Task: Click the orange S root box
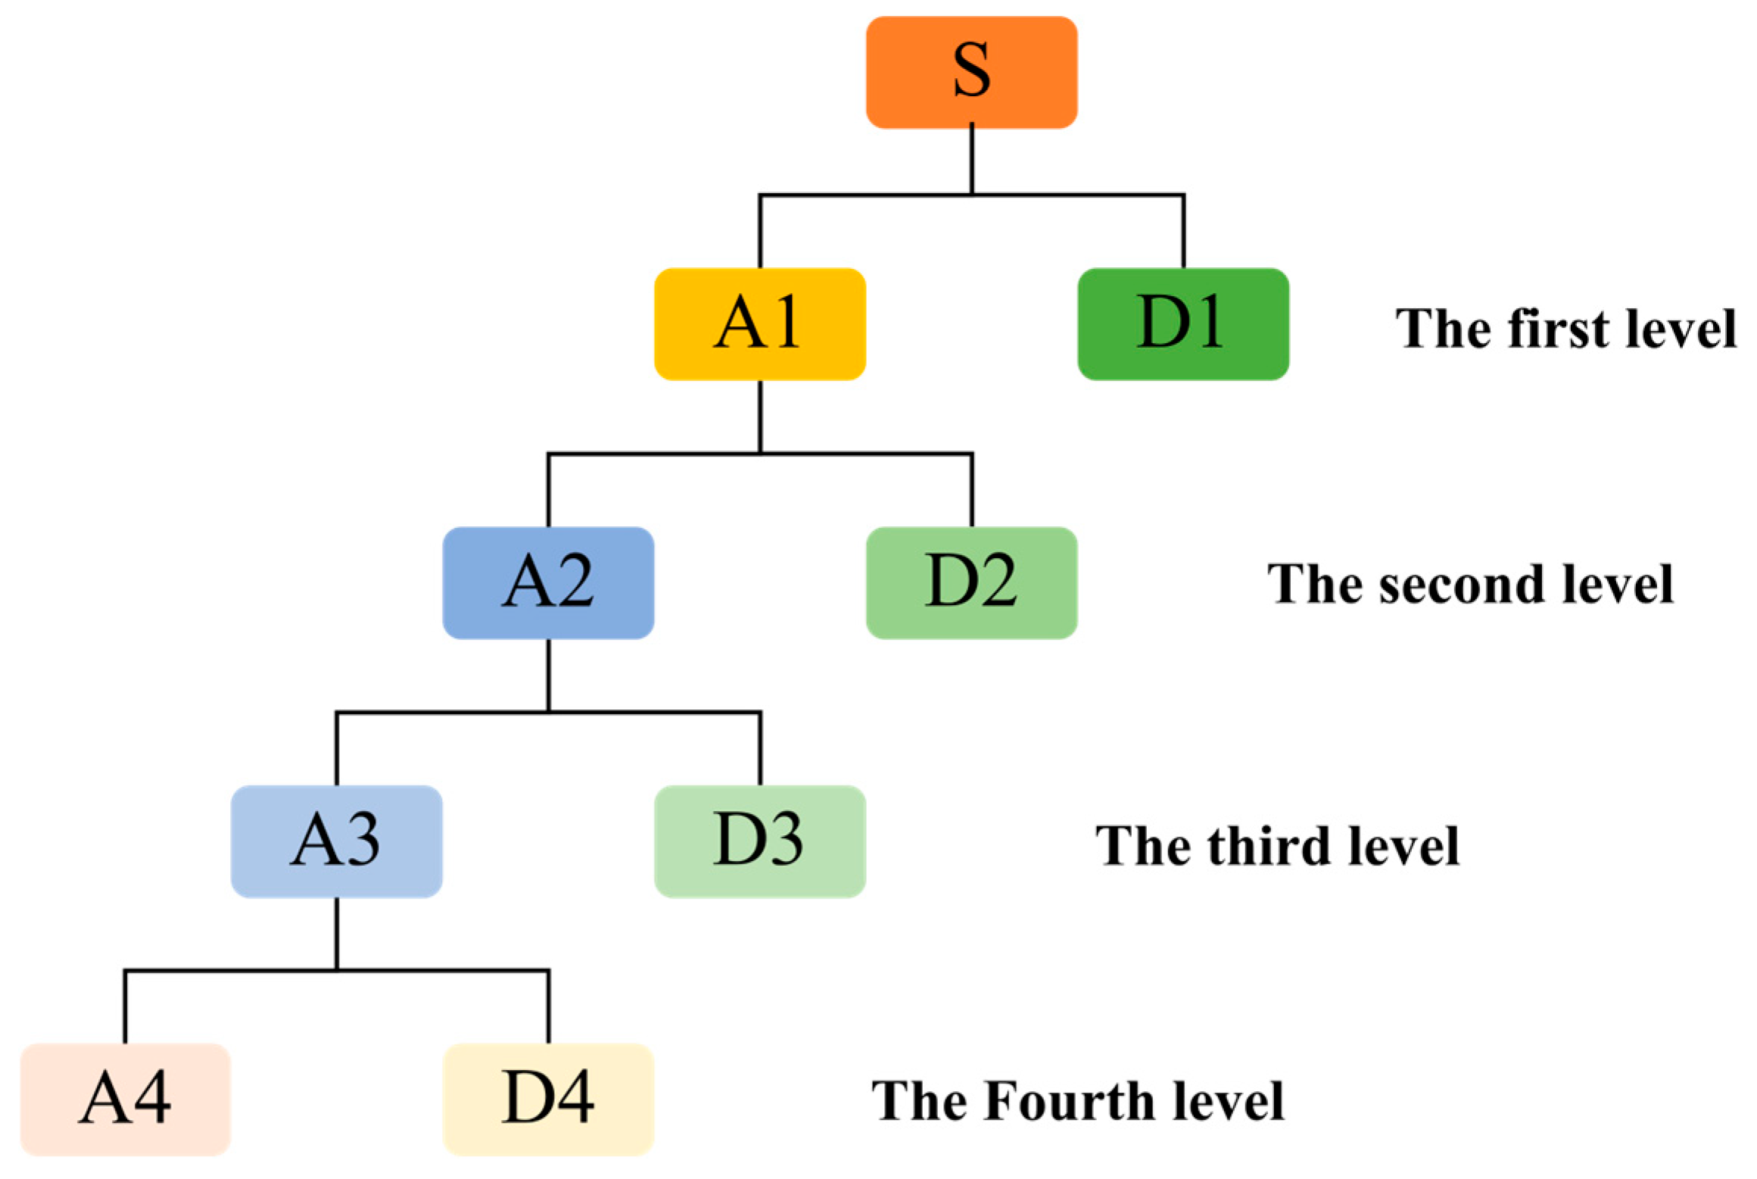coord(971,73)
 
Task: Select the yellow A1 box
coord(760,324)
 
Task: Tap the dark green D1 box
coord(1183,324)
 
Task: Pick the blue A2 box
coord(548,583)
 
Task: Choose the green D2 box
coord(971,583)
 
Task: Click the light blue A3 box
coord(337,841)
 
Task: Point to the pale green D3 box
coord(760,841)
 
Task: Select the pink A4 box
coord(125,1099)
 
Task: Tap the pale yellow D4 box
coord(548,1099)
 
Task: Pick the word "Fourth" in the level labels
coord(1069,1101)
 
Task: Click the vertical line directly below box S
coord(972,161)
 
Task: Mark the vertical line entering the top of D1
coord(1183,232)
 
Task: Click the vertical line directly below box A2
coord(548,675)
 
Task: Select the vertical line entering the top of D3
coord(760,749)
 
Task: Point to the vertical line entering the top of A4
coord(125,1007)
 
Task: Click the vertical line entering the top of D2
coord(972,491)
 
